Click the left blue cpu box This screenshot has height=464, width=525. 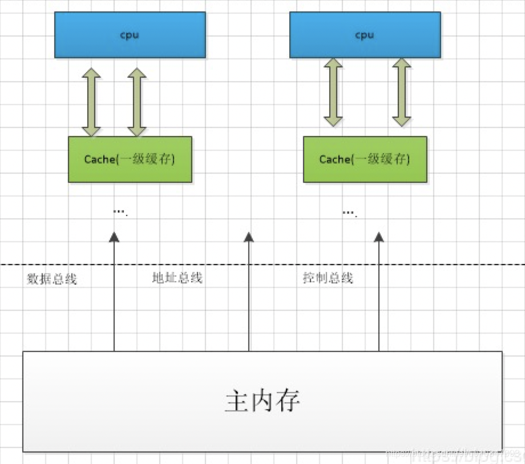(x=130, y=35)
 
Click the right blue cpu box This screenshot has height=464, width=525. (x=365, y=35)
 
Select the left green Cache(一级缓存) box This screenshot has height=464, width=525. (x=130, y=159)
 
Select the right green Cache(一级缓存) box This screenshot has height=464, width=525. (x=365, y=159)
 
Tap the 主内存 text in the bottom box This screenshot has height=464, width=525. (x=262, y=402)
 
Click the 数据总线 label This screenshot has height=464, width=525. (x=51, y=279)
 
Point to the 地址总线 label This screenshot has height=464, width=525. (x=177, y=278)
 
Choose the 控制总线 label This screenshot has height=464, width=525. (x=328, y=278)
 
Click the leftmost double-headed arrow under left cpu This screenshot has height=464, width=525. (x=91, y=102)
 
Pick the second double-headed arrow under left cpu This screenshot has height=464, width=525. (x=137, y=102)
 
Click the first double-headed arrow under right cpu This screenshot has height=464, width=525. (x=333, y=92)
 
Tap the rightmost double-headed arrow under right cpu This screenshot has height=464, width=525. (x=402, y=92)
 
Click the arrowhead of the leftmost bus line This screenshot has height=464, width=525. (x=114, y=237)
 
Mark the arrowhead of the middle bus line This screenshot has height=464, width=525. (x=249, y=237)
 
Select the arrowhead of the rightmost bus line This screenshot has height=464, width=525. (x=379, y=237)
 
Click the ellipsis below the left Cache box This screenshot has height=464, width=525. (x=120, y=212)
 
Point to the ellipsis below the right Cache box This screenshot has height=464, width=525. (x=349, y=212)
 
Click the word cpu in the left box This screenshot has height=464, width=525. (x=130, y=35)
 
